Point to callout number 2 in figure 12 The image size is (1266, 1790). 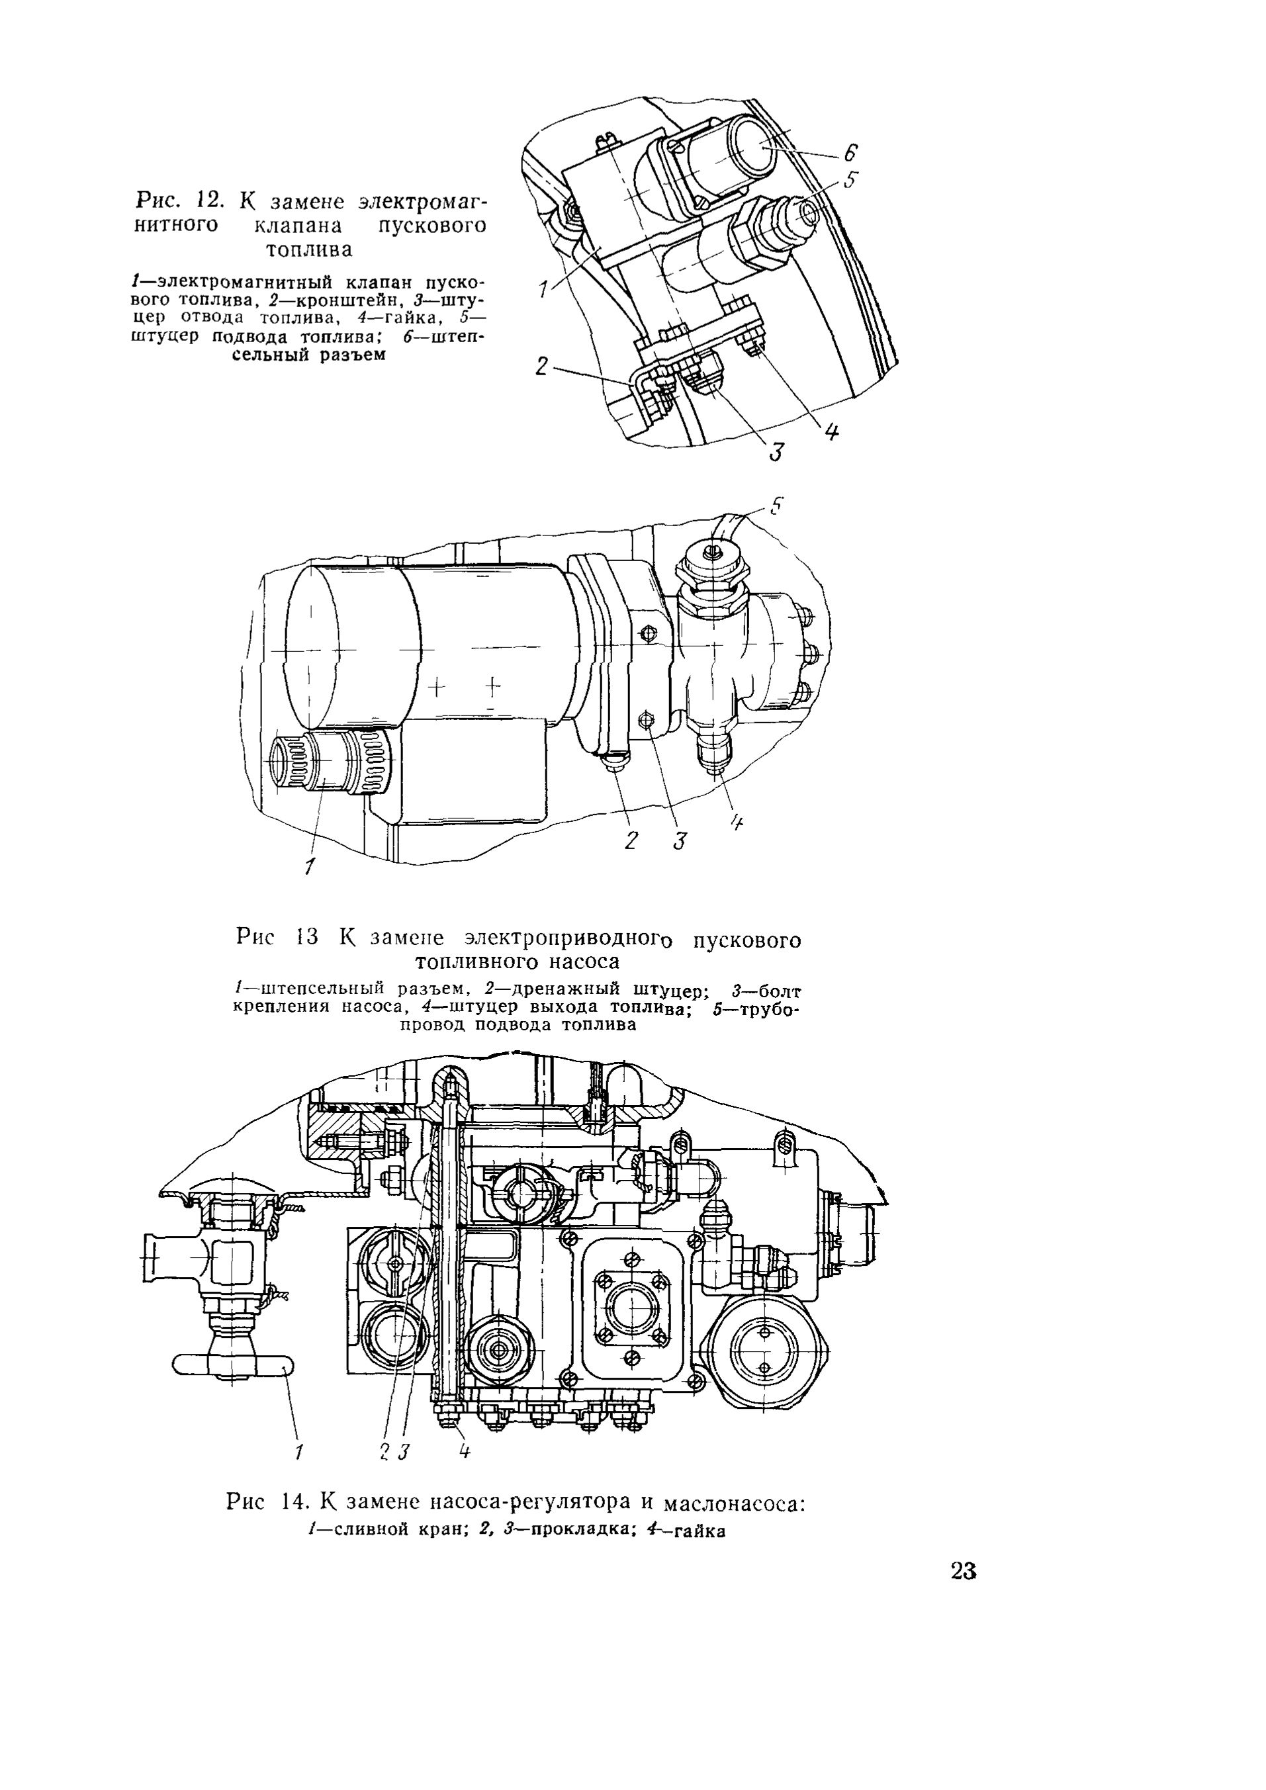543,366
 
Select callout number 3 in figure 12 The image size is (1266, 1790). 776,451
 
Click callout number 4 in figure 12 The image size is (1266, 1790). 832,433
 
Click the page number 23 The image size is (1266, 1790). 964,1570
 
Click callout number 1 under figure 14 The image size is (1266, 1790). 298,1452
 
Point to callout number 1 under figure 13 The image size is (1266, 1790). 310,866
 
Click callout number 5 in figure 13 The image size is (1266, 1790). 775,508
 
